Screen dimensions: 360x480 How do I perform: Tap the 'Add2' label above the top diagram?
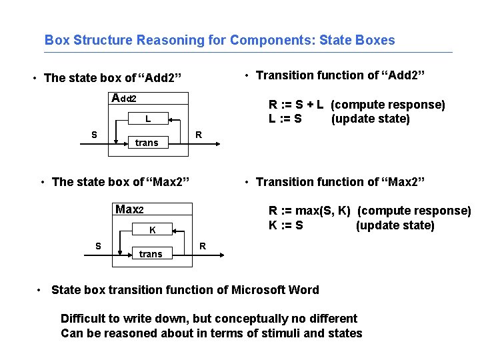[x=124, y=99]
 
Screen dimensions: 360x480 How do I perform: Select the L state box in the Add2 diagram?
[x=147, y=119]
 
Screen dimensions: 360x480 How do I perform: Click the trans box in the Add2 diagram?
[x=147, y=143]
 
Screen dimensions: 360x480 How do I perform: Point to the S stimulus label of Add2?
[x=95, y=135]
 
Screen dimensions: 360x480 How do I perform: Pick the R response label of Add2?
[x=198, y=135]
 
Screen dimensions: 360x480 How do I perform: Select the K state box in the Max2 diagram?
[x=152, y=230]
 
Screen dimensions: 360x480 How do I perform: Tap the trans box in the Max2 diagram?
[x=151, y=253]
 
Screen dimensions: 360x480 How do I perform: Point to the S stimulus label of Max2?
[x=98, y=246]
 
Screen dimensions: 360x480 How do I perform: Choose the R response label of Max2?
[x=203, y=246]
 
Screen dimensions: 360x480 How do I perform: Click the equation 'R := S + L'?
[x=296, y=105]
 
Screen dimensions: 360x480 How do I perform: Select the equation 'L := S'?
[x=285, y=119]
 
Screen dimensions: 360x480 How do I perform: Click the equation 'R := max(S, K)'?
[x=309, y=211]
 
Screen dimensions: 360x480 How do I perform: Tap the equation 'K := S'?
[x=286, y=225]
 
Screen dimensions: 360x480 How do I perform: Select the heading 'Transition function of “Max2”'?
[x=340, y=182]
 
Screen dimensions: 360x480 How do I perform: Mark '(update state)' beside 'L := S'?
[x=370, y=119]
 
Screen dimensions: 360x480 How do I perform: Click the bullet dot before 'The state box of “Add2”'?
[x=35, y=79]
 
